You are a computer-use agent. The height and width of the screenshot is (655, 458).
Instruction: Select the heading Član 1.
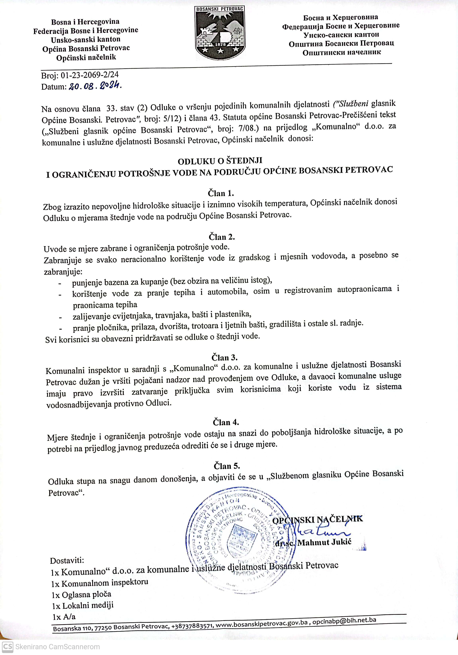[221, 193]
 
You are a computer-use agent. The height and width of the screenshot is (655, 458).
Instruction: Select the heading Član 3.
[224, 358]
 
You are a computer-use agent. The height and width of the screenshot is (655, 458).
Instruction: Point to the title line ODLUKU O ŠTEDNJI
[220, 161]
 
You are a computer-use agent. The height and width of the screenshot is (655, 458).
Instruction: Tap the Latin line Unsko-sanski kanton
[86, 39]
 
